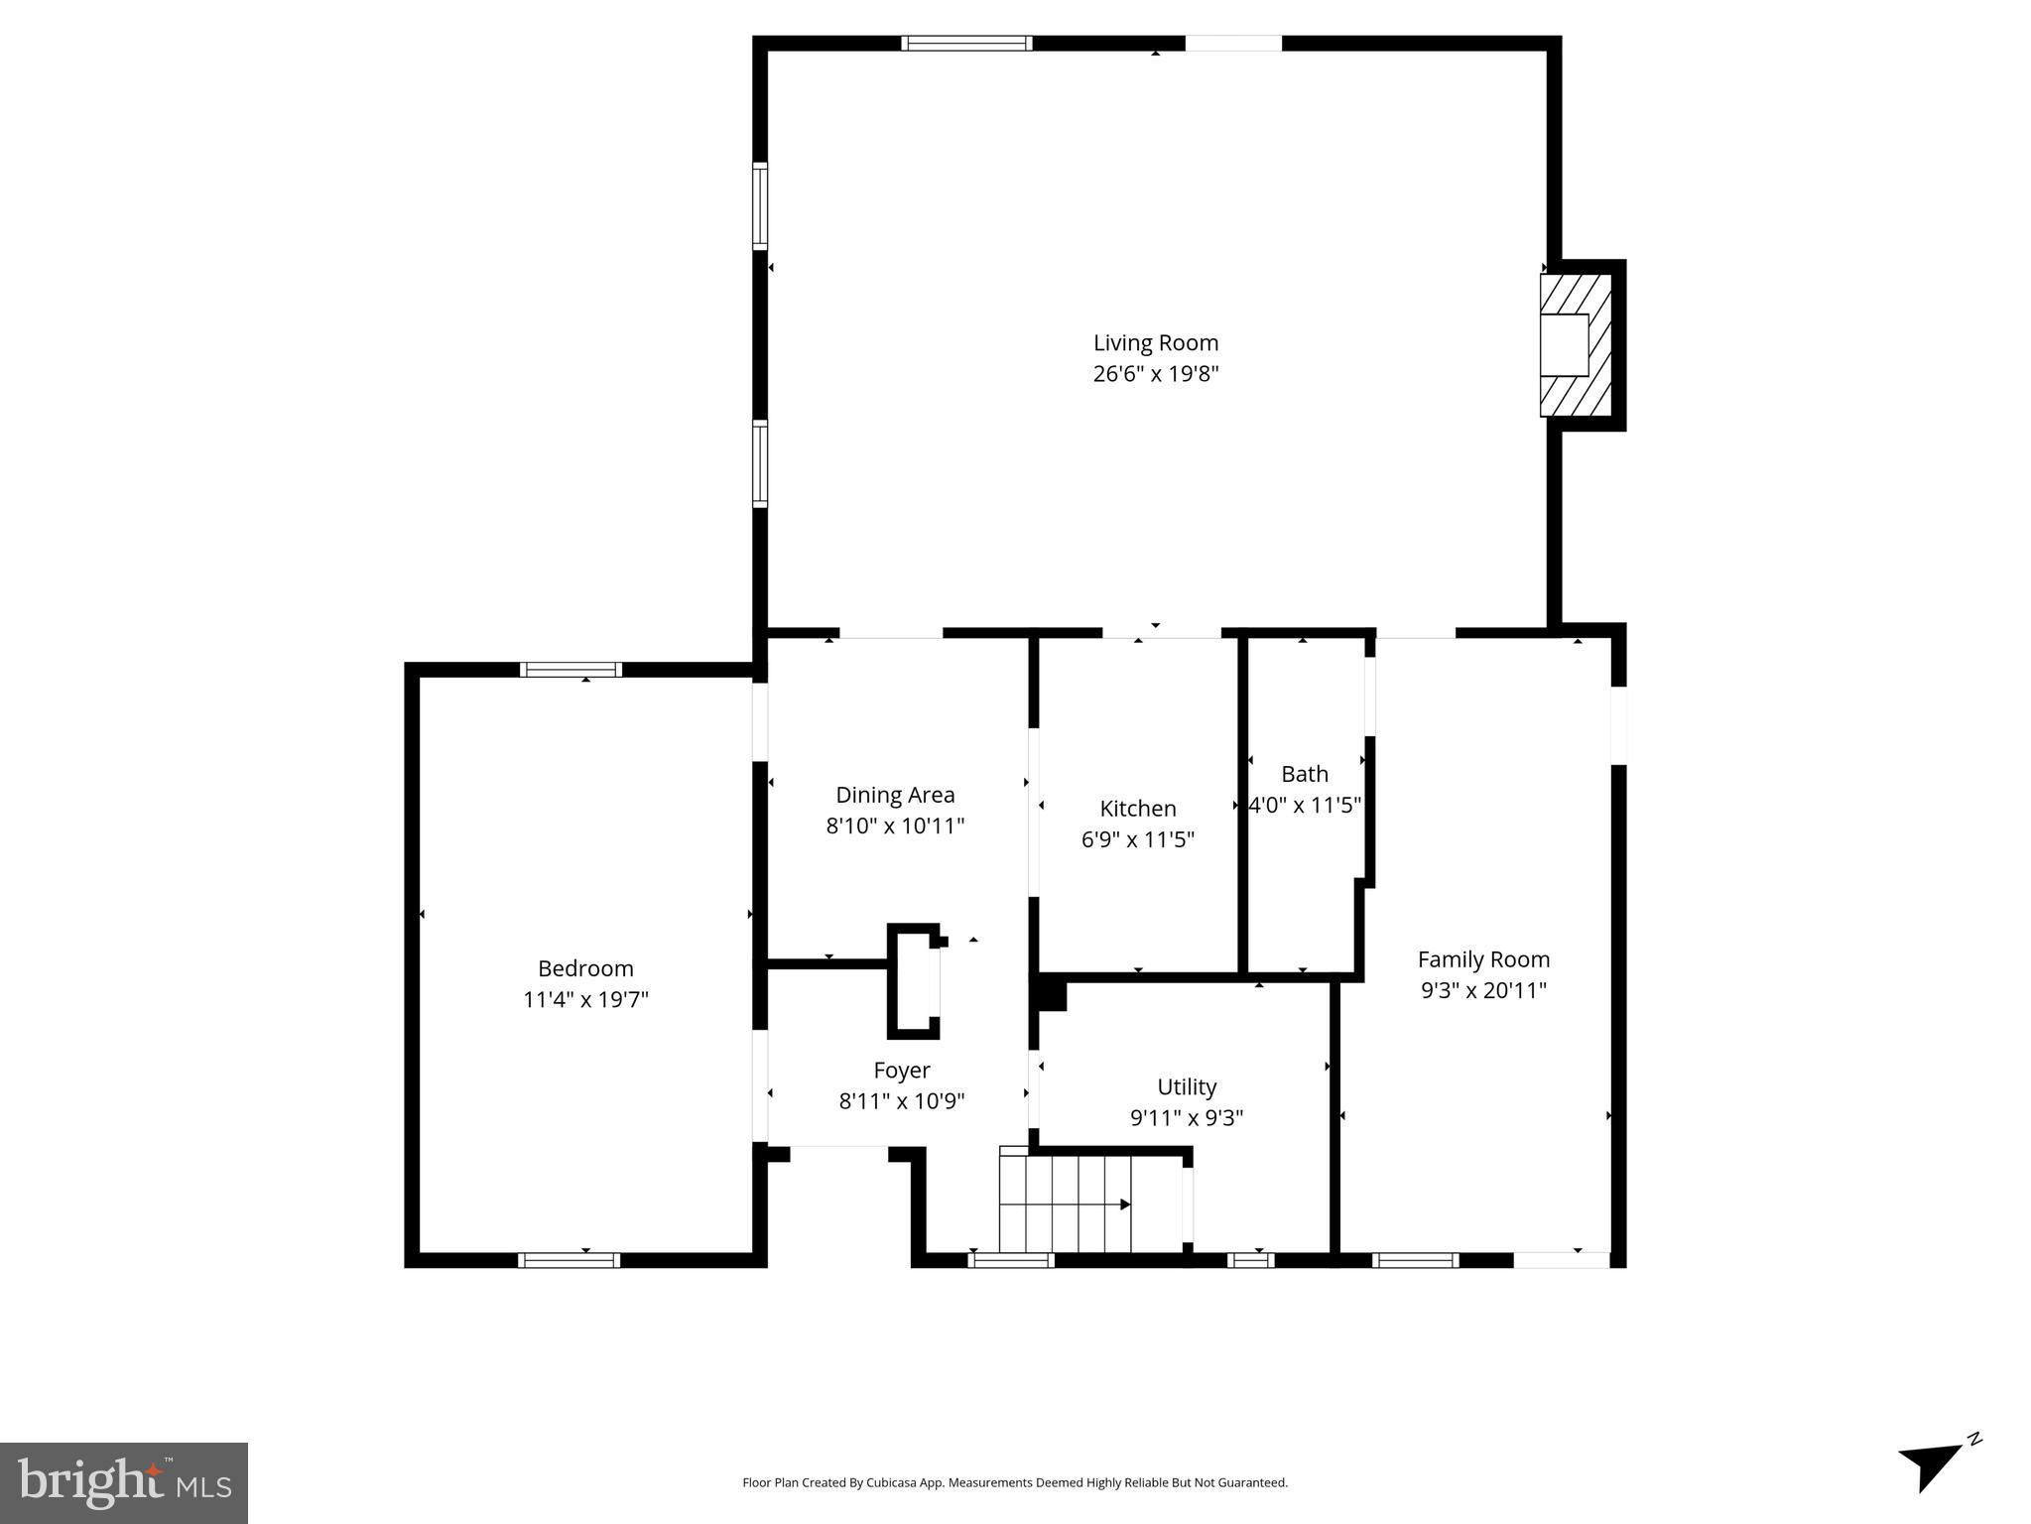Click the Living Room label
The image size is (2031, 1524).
(1155, 342)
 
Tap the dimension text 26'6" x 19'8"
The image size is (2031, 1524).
(1155, 374)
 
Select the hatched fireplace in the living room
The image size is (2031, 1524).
(1575, 344)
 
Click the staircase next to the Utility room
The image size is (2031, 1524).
(1065, 1205)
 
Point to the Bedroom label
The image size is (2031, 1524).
(585, 968)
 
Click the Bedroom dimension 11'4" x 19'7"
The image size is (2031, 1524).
(585, 999)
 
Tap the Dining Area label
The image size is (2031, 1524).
(895, 795)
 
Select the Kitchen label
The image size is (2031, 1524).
(1137, 809)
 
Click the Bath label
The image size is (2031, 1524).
(1304, 774)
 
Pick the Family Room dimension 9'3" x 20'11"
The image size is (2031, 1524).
(1483, 990)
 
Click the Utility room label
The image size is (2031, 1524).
(1187, 1086)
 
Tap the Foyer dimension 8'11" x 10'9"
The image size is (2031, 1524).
(901, 1101)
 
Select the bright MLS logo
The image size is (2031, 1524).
(124, 1482)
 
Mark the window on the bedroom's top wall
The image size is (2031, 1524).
(571, 670)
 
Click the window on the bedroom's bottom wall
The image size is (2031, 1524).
(569, 1260)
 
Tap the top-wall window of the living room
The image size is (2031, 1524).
(966, 44)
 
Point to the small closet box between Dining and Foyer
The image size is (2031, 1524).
(913, 981)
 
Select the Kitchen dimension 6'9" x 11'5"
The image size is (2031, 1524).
(1137, 839)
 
